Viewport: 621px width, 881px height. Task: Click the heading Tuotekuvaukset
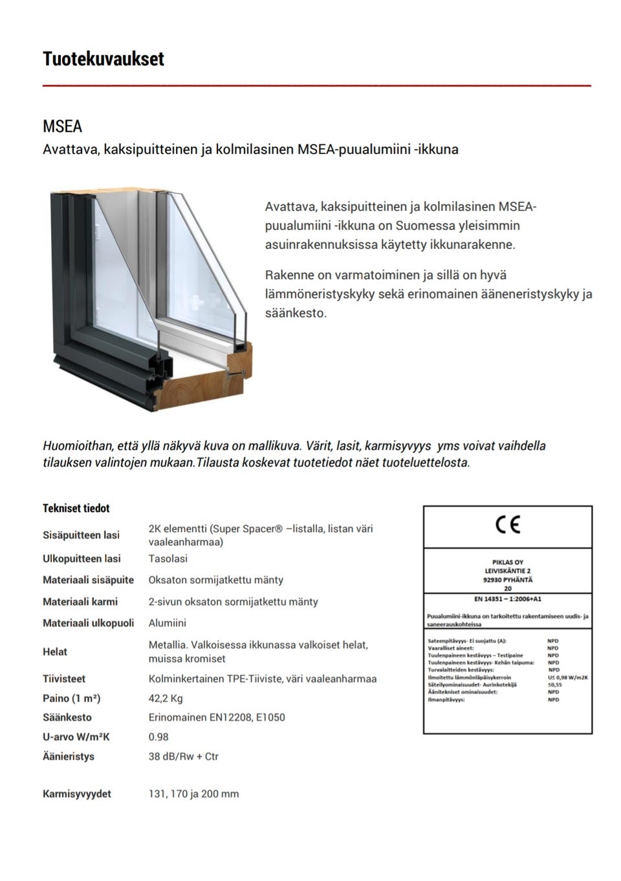[x=103, y=59]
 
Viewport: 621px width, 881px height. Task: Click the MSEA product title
[x=62, y=126]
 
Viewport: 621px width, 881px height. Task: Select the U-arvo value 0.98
[x=158, y=737]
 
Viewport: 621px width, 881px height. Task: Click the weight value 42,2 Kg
[x=166, y=698]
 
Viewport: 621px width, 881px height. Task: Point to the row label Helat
[x=55, y=652]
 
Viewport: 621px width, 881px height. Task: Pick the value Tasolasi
[x=168, y=558]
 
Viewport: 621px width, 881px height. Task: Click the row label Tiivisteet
[x=64, y=679]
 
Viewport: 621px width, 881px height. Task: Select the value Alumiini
[x=168, y=623]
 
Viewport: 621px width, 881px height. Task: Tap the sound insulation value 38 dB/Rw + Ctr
[x=184, y=756]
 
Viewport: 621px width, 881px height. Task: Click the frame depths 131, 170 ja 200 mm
[x=193, y=794]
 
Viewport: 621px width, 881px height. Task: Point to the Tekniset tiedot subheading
[x=76, y=509]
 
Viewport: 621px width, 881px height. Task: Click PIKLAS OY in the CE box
[x=507, y=562]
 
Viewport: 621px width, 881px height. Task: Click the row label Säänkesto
[x=67, y=717]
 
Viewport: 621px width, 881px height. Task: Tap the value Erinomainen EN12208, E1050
[x=217, y=717]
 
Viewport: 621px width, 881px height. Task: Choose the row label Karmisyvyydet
[x=77, y=794]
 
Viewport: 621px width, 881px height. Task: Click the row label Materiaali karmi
[x=80, y=602]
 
